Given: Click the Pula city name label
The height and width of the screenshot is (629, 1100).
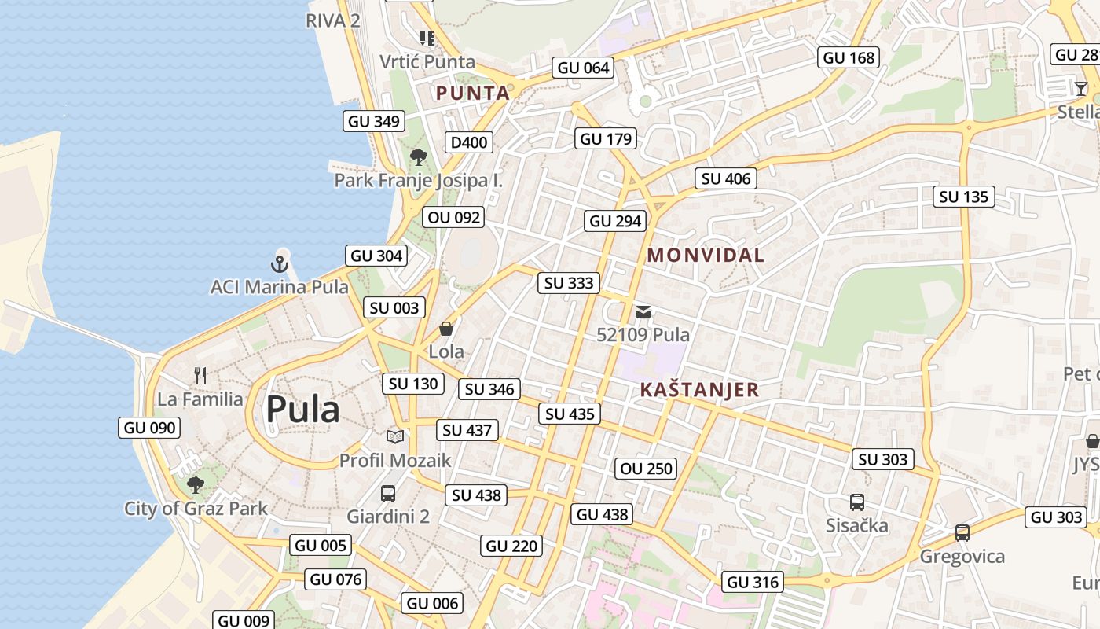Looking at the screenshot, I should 302,410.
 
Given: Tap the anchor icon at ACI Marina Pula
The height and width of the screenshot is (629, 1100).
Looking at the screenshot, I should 280,264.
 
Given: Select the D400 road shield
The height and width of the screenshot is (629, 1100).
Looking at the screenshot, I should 469,142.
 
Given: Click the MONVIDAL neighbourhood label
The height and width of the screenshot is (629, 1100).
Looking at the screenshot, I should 706,255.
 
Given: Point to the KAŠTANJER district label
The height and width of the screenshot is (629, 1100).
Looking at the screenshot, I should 699,389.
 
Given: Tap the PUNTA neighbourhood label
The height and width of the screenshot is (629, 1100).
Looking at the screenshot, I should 473,93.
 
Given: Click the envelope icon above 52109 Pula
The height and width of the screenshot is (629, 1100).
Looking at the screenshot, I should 643,312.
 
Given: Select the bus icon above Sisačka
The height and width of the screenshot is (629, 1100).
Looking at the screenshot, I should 857,502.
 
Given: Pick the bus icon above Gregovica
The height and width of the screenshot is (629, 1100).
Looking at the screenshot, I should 962,533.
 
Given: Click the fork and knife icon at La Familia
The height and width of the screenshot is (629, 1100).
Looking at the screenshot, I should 200,376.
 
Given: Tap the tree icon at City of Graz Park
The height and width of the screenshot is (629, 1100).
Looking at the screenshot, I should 196,485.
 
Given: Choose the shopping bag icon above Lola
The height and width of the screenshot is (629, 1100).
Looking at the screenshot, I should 446,329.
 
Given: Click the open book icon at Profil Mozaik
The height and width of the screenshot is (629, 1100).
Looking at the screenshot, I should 395,436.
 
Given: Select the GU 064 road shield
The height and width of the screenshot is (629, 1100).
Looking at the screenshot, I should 583,68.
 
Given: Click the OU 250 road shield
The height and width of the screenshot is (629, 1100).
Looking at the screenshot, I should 646,469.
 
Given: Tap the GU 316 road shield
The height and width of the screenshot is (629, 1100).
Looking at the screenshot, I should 753,582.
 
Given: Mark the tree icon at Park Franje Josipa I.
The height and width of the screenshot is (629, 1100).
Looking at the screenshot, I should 419,157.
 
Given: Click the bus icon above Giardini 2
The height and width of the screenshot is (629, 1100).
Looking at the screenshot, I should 388,494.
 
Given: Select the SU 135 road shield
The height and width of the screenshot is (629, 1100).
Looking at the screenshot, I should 964,197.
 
